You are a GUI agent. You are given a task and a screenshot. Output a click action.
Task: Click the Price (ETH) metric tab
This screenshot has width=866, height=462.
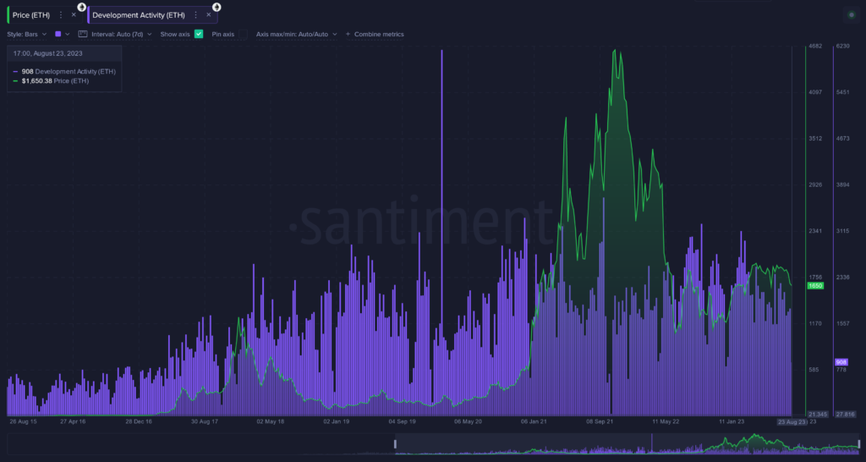coord(31,15)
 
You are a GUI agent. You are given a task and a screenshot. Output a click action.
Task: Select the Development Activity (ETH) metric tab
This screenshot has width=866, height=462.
coord(139,15)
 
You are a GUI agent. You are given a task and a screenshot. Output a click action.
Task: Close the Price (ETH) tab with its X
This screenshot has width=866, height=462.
coord(74,15)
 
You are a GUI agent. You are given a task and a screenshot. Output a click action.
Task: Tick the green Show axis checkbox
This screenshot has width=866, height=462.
coord(199,34)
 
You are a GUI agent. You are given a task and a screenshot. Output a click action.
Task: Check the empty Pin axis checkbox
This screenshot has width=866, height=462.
coord(244,34)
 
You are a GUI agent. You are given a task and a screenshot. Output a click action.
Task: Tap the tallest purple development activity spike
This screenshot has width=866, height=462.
coord(441,52)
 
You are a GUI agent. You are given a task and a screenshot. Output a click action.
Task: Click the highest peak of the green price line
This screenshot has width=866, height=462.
coord(615,50)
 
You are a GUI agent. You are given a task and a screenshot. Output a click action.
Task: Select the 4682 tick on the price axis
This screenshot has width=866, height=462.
coord(816,46)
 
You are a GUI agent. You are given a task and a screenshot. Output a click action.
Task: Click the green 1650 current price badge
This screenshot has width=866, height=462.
coord(815,286)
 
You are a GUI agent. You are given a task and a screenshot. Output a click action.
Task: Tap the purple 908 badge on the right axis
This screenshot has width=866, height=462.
coord(841,361)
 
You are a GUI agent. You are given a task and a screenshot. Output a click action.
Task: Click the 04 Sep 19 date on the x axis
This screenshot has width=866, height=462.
coord(403,421)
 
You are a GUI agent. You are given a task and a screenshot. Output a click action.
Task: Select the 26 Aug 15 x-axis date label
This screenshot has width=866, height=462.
coord(24,421)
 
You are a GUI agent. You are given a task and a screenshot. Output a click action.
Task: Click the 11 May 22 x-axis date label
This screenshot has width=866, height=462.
coord(666,421)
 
